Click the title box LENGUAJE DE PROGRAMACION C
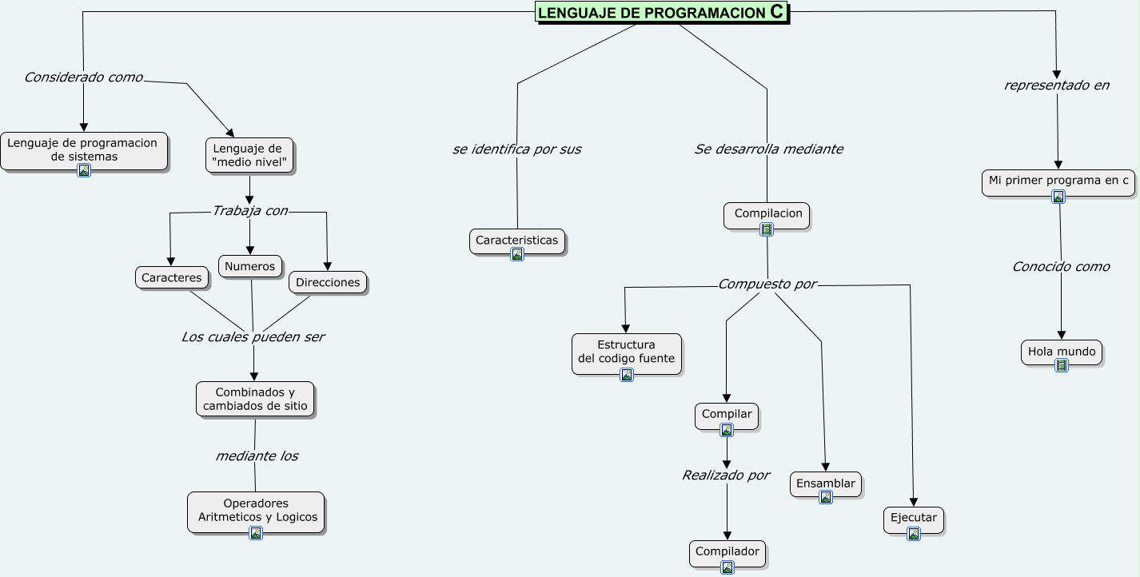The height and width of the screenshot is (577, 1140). click(661, 12)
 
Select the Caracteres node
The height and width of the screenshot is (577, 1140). click(172, 277)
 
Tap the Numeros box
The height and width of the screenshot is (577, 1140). click(249, 266)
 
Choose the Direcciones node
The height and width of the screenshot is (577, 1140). click(328, 282)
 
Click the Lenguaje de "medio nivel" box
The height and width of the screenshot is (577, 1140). click(249, 155)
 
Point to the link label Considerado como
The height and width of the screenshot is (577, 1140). click(83, 78)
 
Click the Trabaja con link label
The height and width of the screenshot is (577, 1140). click(249, 211)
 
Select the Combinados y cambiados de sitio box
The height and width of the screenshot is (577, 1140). click(255, 399)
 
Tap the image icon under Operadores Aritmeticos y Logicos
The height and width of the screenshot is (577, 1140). click(256, 533)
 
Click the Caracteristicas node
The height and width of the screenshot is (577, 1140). click(516, 241)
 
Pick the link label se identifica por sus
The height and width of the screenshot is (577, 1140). click(516, 149)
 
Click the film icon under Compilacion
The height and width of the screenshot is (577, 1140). click(767, 229)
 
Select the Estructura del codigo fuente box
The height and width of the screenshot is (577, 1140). click(627, 352)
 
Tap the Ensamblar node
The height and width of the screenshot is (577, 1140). click(826, 483)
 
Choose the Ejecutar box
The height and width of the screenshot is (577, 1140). click(913, 518)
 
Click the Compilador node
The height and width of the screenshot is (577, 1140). click(727, 552)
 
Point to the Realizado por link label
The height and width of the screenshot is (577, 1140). click(725, 476)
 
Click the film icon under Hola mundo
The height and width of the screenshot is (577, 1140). click(1062, 365)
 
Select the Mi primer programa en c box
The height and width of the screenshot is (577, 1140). click(1058, 181)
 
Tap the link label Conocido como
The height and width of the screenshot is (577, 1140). click(1061, 267)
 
